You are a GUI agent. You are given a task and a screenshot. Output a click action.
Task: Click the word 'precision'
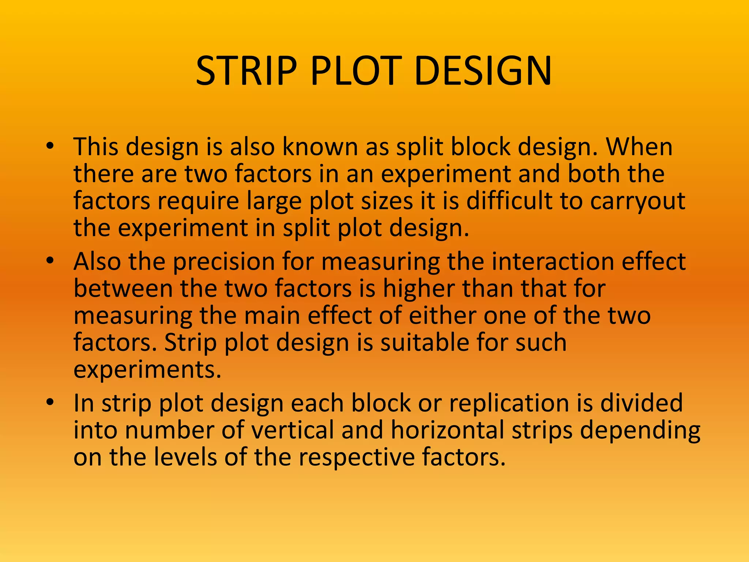click(223, 262)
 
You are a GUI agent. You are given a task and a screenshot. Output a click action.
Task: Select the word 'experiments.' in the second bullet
click(147, 370)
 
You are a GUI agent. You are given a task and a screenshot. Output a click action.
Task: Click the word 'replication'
click(509, 404)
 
